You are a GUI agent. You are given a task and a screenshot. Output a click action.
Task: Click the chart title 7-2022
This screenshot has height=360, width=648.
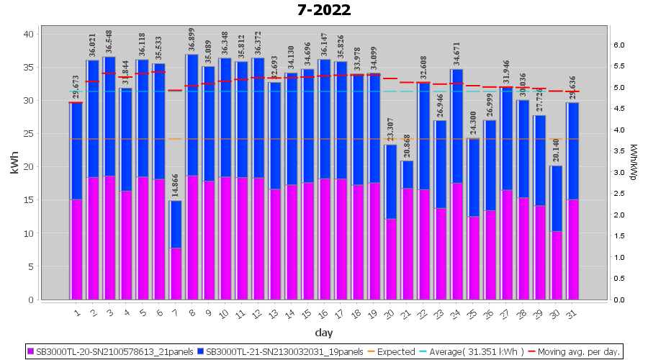click(x=323, y=10)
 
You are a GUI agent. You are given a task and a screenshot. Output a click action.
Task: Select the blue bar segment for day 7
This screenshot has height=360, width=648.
click(x=176, y=224)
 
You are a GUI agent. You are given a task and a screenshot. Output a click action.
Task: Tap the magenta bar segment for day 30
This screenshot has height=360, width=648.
click(x=556, y=265)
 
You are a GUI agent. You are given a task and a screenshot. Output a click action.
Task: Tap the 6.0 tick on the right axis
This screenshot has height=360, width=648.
click(x=618, y=45)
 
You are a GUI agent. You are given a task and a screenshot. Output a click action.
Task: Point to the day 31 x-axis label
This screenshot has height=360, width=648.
click(x=572, y=312)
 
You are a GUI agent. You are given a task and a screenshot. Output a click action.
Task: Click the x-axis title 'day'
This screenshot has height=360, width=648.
click(x=323, y=333)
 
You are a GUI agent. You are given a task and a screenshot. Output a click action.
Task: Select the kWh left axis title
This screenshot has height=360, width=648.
click(x=14, y=163)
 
